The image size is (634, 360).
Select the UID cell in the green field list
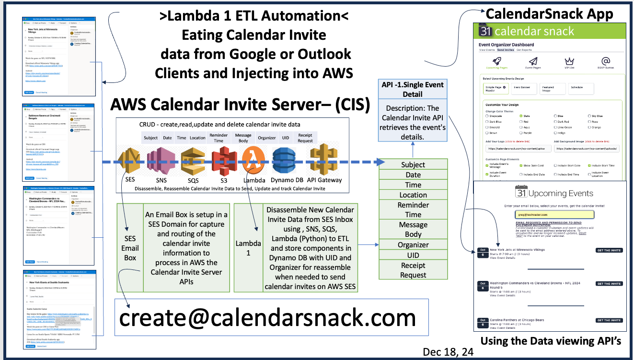pyautogui.click(x=413, y=255)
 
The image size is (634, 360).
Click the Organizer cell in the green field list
pyautogui.click(x=413, y=245)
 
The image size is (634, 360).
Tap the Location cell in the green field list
pyautogui.click(x=413, y=195)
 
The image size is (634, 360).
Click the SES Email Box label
pyautogui.click(x=130, y=248)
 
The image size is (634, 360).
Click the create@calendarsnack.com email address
pyautogui.click(x=267, y=318)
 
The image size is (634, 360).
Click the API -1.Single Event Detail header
pyautogui.click(x=413, y=89)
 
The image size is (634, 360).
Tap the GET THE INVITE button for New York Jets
pyautogui.click(x=609, y=250)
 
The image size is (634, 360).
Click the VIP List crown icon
pyautogui.click(x=569, y=62)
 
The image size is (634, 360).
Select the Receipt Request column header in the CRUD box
pyautogui.click(x=305, y=138)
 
